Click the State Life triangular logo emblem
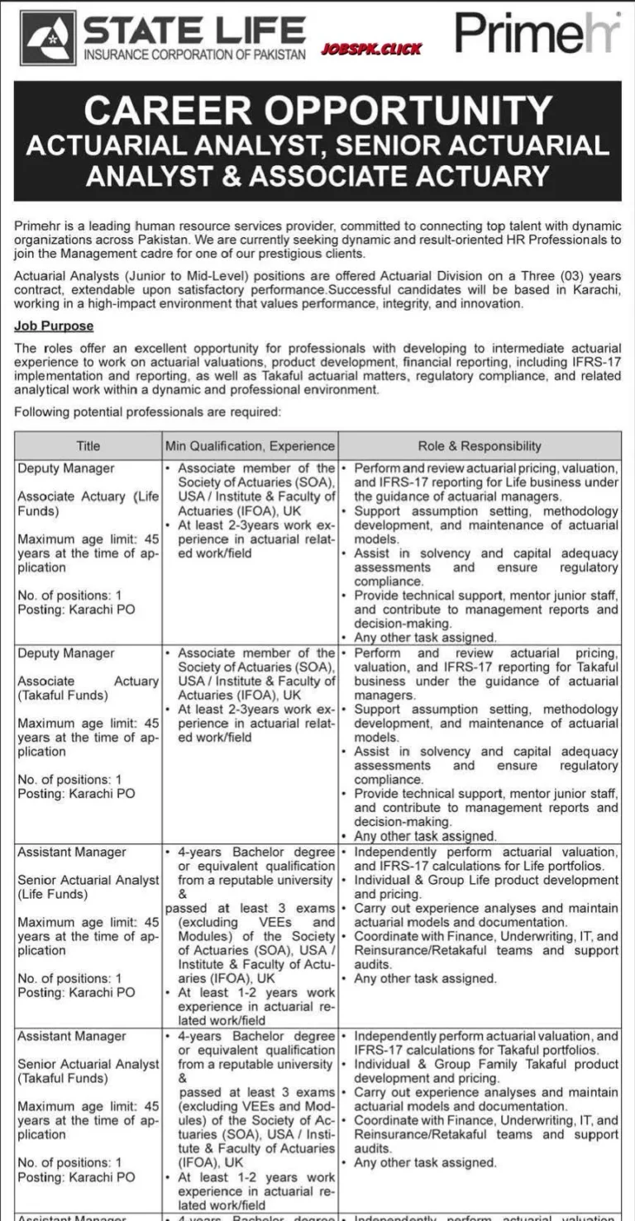[x=48, y=39]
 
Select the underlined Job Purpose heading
[x=54, y=326]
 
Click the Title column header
[x=88, y=445]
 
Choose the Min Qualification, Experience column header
[x=250, y=445]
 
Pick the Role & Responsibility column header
[x=480, y=445]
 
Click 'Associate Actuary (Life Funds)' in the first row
[x=87, y=504]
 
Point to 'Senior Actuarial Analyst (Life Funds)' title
[x=87, y=887]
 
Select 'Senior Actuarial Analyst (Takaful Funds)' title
[x=87, y=1071]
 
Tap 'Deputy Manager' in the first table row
[x=66, y=468]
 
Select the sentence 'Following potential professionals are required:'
[x=148, y=411]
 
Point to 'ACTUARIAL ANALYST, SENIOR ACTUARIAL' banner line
[x=317, y=145]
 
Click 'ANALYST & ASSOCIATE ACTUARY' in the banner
[x=317, y=175]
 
